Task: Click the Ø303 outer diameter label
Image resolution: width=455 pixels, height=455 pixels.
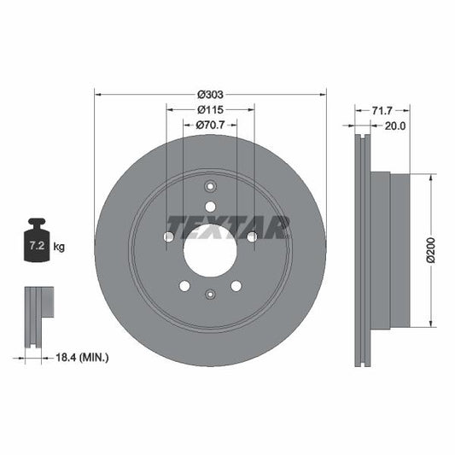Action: [x=210, y=94]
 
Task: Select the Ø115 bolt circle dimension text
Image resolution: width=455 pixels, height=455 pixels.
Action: [x=210, y=110]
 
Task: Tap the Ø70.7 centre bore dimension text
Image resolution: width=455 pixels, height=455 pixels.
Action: [x=210, y=125]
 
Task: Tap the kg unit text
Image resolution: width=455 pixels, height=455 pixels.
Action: [x=60, y=247]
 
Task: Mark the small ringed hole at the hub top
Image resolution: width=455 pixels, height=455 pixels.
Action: [x=210, y=189]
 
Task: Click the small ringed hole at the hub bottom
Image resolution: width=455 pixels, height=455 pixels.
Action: [x=210, y=295]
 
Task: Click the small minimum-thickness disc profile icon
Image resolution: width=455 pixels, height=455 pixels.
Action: [x=38, y=315]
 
